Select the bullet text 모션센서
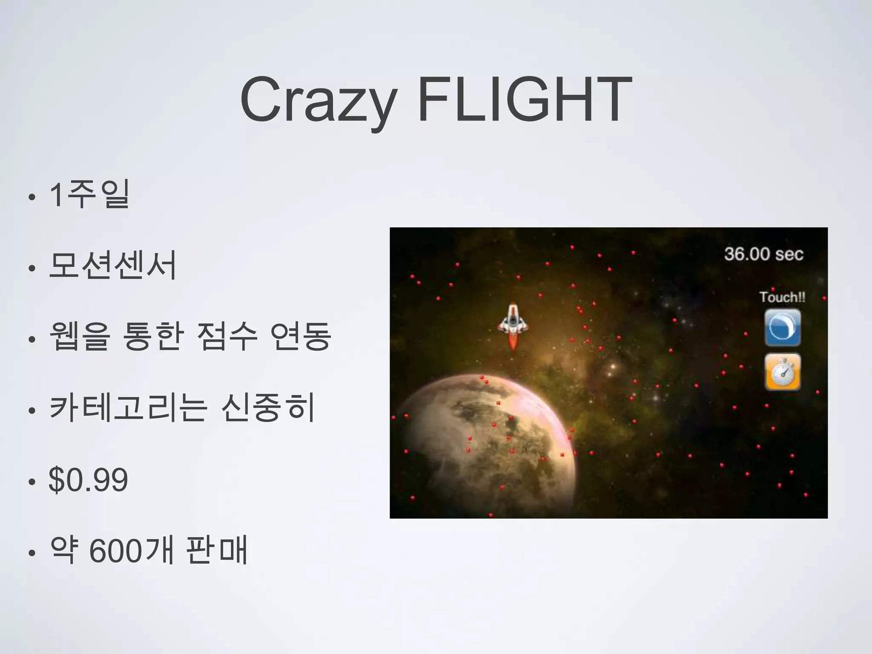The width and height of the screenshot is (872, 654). coord(113,265)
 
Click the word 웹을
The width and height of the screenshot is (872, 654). coord(80,336)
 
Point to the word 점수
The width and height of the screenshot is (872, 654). coord(227,336)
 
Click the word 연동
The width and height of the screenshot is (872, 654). coord(301,336)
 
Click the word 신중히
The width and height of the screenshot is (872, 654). coord(268,407)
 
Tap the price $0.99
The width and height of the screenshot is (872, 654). coord(89,480)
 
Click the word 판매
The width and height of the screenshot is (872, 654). coord(217,551)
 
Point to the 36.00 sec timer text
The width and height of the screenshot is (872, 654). coord(763,254)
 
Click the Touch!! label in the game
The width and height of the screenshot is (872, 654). coord(782,297)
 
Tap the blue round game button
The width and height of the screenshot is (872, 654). coord(783,327)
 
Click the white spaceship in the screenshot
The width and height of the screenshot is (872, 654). coord(513,320)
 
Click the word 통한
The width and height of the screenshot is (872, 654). coord(153,336)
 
